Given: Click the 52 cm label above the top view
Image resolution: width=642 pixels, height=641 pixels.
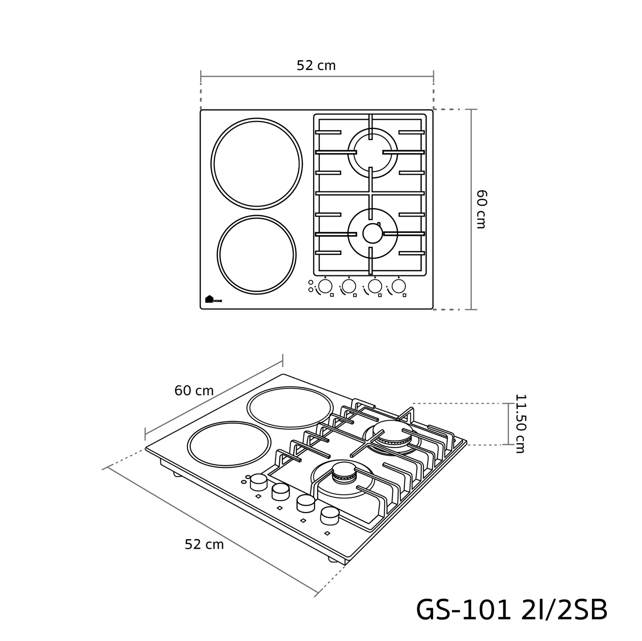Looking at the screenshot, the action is click(x=316, y=65).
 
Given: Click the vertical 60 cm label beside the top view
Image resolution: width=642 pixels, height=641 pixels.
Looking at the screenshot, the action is click(x=481, y=209).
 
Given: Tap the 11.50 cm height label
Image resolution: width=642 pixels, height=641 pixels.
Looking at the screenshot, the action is click(x=520, y=424).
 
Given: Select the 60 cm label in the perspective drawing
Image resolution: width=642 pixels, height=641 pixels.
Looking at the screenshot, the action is click(x=194, y=391).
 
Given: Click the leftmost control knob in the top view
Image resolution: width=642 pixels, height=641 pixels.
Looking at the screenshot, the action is click(x=325, y=286).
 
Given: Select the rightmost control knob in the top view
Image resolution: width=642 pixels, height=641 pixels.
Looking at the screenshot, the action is click(x=399, y=286).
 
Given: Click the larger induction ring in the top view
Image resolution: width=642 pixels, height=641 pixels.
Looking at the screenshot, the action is click(x=211, y=164).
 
